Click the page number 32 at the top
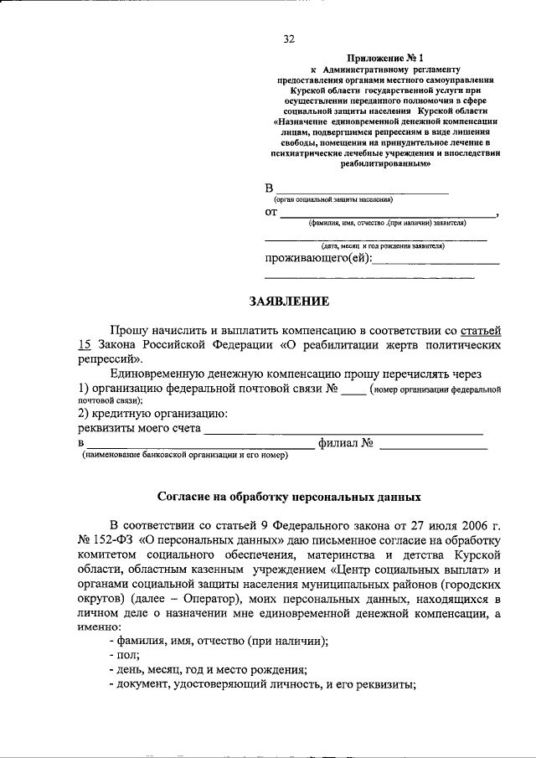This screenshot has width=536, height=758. click(x=289, y=39)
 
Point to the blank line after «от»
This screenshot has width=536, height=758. click(x=388, y=214)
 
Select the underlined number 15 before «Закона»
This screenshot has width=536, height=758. click(x=84, y=345)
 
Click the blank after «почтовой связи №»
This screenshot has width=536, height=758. click(x=353, y=389)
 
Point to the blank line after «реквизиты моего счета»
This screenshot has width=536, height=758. click(x=343, y=430)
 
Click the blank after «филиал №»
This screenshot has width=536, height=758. click(x=432, y=444)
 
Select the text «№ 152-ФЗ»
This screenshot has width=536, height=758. click(x=105, y=540)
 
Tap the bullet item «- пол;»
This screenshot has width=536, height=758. click(x=124, y=655)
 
